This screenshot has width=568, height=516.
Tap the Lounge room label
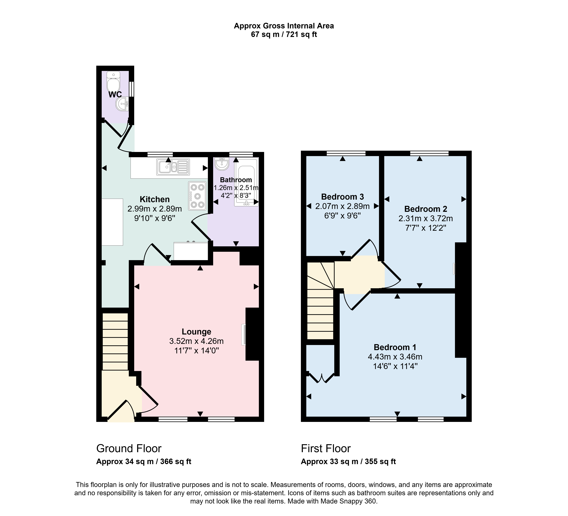point(196,332)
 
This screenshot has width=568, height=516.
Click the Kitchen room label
point(155,199)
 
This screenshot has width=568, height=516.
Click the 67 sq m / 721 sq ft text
point(284,34)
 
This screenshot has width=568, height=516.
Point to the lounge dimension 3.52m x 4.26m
point(196,341)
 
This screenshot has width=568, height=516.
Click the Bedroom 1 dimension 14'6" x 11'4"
point(395,366)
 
